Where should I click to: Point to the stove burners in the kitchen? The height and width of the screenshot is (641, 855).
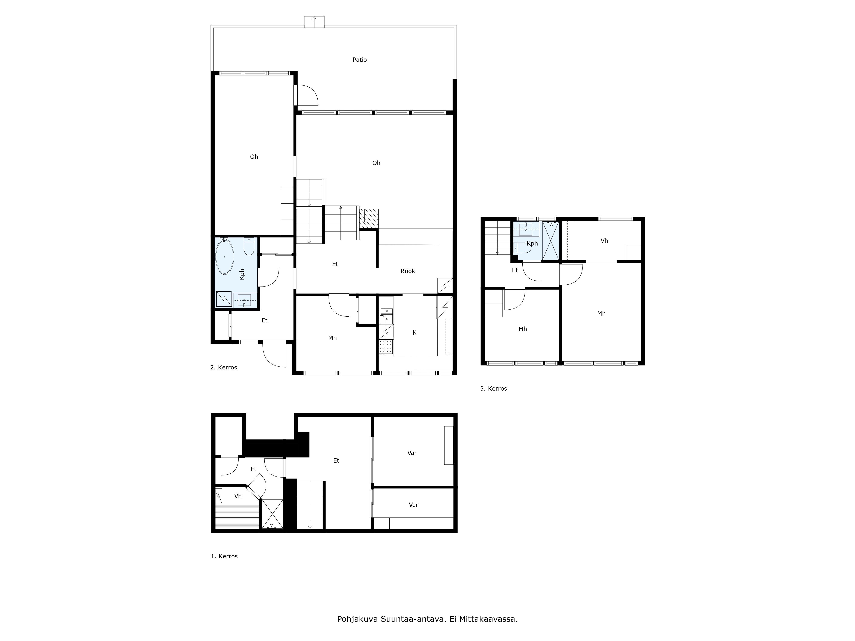(386, 347)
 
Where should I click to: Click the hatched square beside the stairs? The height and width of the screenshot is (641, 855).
(369, 218)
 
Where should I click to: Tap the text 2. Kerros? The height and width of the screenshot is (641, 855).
(223, 368)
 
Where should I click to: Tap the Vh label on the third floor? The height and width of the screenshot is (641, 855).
(604, 241)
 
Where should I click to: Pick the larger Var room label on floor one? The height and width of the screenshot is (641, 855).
(412, 453)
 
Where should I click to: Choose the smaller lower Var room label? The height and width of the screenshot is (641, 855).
(414, 505)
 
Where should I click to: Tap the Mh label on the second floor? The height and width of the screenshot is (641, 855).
(332, 338)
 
